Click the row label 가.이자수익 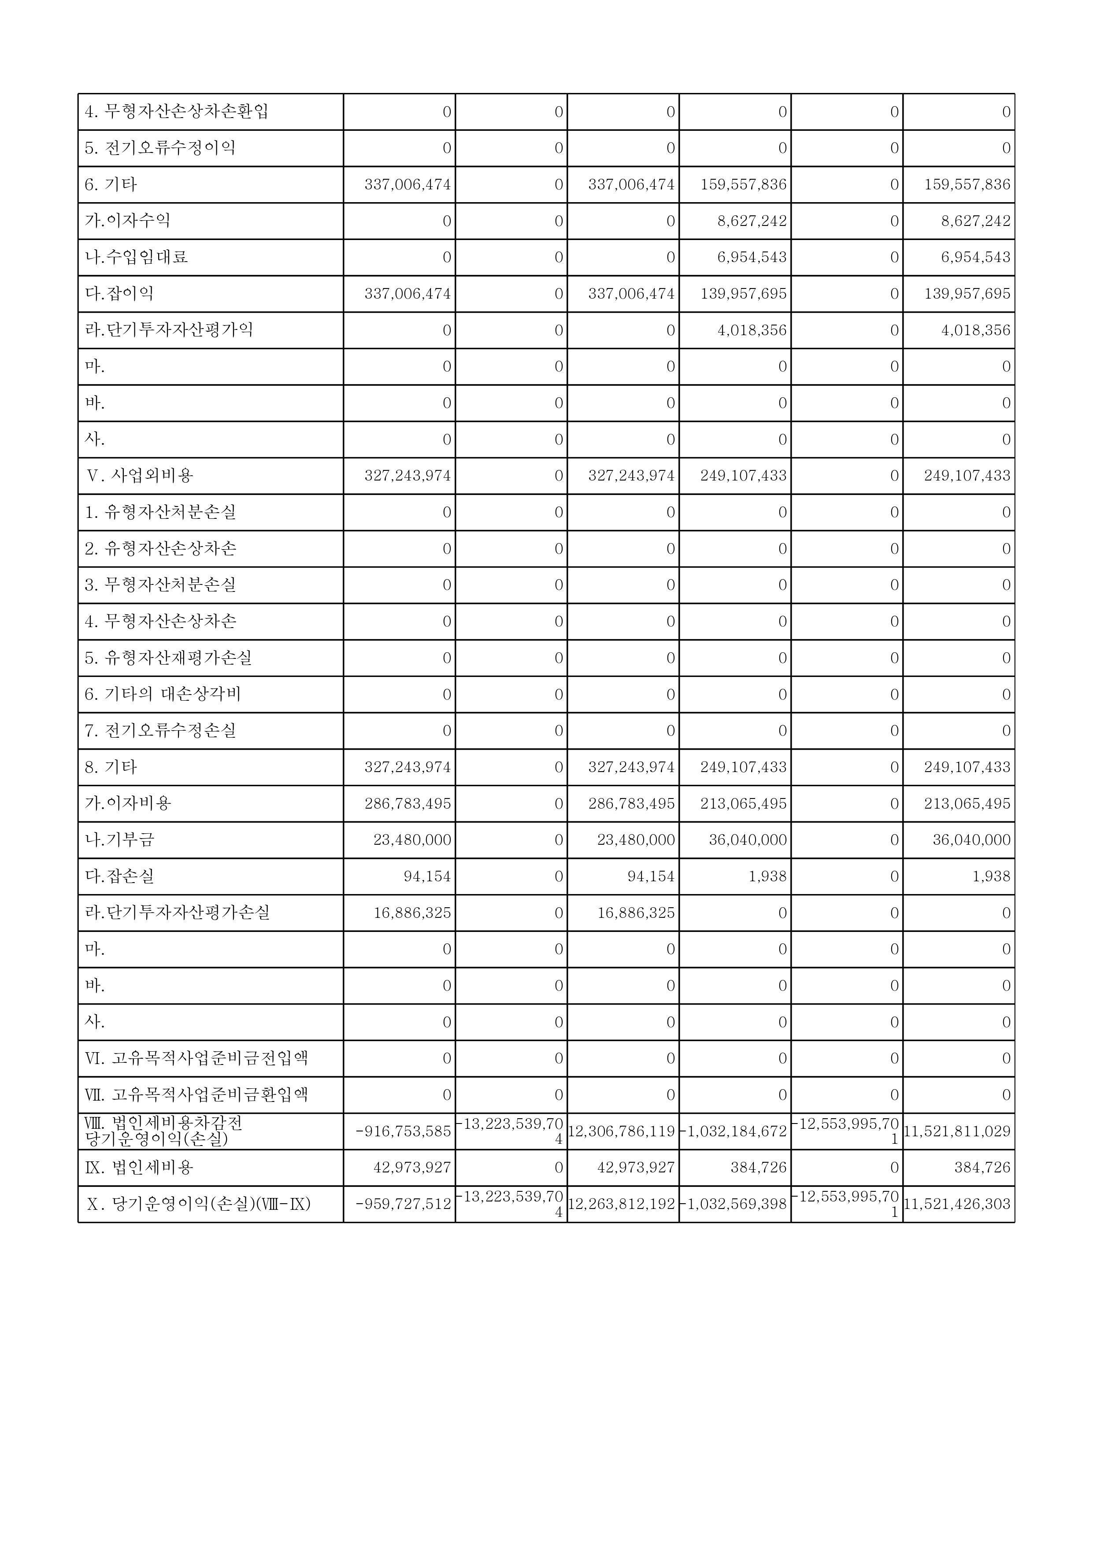pyautogui.click(x=127, y=221)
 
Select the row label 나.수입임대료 pyautogui.click(x=136, y=257)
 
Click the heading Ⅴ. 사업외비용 pyautogui.click(x=140, y=476)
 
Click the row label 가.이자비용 pyautogui.click(x=128, y=803)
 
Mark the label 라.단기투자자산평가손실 pyautogui.click(x=177, y=913)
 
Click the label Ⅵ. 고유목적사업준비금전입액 pyautogui.click(x=196, y=1058)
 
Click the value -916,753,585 pyautogui.click(x=403, y=1131)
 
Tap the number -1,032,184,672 pyautogui.click(x=734, y=1131)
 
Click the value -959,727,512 pyautogui.click(x=403, y=1204)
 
